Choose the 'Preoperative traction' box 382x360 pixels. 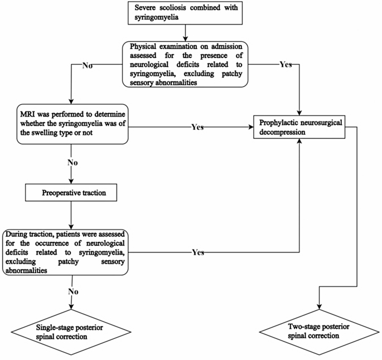coord(70,194)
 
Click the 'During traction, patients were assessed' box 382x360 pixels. coord(65,252)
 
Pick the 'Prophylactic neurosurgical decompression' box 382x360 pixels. coord(300,127)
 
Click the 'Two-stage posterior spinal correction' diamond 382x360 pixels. coord(318,330)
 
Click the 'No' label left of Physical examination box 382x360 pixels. coord(88,65)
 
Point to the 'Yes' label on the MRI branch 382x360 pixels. coord(197,127)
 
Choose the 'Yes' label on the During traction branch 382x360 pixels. coord(197,252)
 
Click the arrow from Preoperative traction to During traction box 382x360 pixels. coord(70,215)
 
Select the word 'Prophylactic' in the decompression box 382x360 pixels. coord(278,122)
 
